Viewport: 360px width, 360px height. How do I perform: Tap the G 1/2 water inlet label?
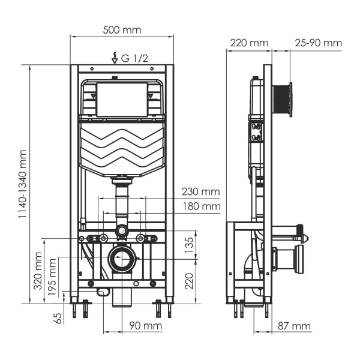[x=133, y=58]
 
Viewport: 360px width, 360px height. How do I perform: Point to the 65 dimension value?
[x=58, y=317]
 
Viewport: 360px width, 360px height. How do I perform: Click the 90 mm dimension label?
[x=146, y=326]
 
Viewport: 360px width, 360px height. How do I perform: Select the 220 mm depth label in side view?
[x=248, y=43]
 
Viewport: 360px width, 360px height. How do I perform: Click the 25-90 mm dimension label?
[x=318, y=43]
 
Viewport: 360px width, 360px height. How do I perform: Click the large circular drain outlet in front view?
[x=122, y=260]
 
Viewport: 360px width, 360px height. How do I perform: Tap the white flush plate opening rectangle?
[x=122, y=100]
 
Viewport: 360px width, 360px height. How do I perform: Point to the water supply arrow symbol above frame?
[x=115, y=58]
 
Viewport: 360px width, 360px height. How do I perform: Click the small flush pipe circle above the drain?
[x=122, y=230]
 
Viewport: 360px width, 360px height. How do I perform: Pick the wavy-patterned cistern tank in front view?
[x=122, y=148]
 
